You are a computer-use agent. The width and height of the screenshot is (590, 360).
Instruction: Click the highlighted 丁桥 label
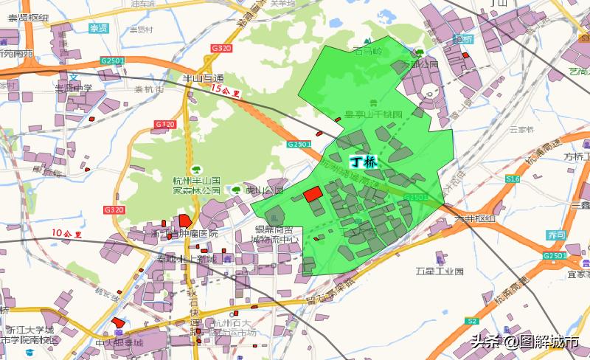coord(363,162)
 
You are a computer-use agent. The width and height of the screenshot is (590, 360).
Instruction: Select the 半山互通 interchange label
coord(202,77)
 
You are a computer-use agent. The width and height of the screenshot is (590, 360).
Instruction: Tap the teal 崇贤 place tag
coord(99,29)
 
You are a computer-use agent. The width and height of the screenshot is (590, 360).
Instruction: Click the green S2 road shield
coord(473,321)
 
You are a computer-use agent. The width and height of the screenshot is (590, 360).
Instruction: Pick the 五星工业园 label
coord(440,271)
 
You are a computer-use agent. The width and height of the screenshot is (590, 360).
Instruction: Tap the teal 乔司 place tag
coord(557,234)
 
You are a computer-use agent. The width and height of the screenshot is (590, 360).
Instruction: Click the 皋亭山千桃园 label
coord(375,115)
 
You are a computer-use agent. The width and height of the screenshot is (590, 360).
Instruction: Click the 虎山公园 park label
coord(265,190)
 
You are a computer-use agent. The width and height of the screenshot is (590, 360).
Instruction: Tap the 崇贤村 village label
coord(141,30)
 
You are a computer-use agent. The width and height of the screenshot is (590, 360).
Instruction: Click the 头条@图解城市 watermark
coord(526,342)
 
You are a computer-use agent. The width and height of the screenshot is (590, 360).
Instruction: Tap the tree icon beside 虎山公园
coord(236,190)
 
